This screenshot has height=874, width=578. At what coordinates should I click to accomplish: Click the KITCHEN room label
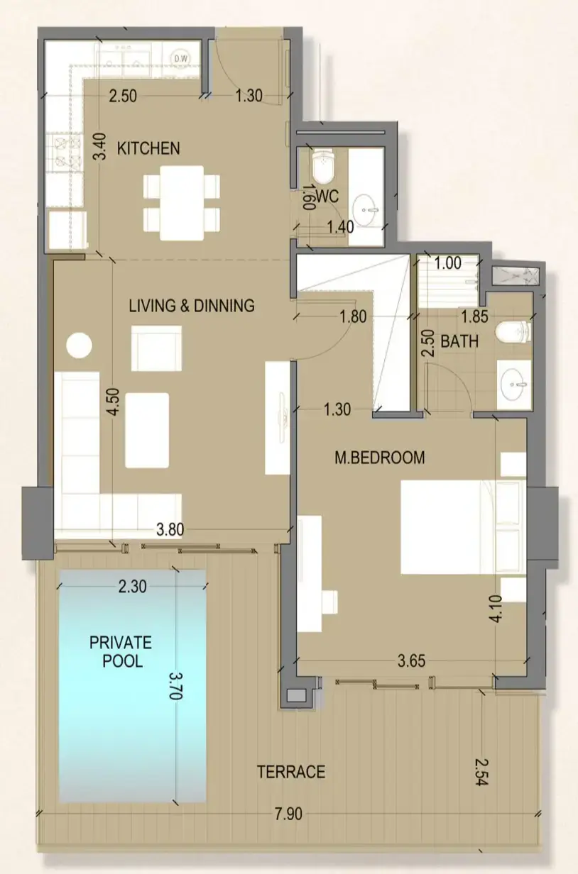click(x=148, y=148)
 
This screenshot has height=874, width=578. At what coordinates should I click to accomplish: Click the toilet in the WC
click(x=323, y=166)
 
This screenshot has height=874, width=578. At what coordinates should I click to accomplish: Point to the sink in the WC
click(x=368, y=208)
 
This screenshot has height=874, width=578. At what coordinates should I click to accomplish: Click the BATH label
click(x=459, y=341)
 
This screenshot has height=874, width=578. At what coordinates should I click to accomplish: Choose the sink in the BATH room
click(x=513, y=385)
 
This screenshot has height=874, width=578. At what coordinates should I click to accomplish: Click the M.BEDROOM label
click(x=379, y=458)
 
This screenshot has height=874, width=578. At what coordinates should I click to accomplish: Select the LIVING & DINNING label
click(x=191, y=306)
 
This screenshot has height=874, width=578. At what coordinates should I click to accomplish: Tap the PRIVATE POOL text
click(x=120, y=651)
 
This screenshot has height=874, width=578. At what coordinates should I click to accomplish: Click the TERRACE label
click(x=291, y=771)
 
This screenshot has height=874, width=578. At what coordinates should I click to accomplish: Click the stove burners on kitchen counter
click(x=65, y=153)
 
